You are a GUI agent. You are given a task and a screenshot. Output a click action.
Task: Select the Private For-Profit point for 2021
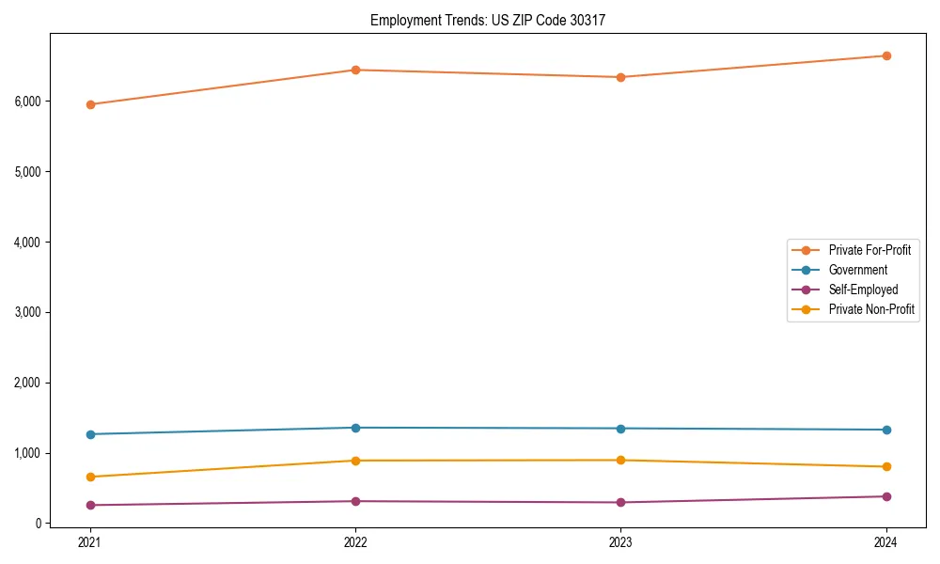click(x=90, y=104)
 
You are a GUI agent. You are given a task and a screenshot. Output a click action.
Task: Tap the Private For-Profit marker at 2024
click(x=886, y=55)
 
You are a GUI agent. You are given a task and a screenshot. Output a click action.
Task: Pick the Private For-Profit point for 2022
click(x=355, y=70)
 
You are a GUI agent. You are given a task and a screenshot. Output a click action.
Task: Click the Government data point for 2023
click(x=620, y=429)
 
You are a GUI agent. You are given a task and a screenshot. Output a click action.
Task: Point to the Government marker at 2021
click(x=90, y=434)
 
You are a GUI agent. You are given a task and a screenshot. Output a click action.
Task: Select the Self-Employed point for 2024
click(x=886, y=496)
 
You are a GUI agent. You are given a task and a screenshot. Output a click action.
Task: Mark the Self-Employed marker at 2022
click(x=355, y=501)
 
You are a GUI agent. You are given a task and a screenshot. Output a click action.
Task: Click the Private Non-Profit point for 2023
click(x=620, y=460)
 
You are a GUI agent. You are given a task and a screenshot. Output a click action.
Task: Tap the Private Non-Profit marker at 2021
click(x=90, y=477)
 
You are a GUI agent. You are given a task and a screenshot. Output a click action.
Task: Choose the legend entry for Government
click(x=857, y=270)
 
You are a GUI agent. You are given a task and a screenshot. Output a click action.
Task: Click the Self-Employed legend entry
click(x=863, y=290)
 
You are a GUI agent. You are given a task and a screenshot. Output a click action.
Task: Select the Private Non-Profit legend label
click(x=871, y=309)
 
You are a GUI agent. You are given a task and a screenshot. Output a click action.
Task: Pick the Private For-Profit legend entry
click(x=869, y=250)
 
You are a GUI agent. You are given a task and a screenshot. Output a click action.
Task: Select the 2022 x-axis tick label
click(x=355, y=541)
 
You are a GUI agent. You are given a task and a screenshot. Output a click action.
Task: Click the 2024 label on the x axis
click(x=886, y=541)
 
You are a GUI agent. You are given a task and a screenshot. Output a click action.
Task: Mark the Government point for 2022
click(x=355, y=428)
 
